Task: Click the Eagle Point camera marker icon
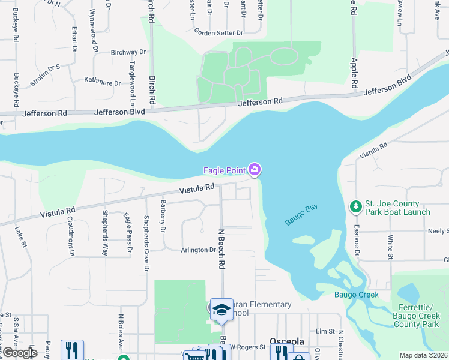[x=255, y=170]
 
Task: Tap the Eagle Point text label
[x=225, y=170]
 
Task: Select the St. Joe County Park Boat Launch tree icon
[x=355, y=206]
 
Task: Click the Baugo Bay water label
[x=301, y=215]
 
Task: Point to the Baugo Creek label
[x=357, y=295]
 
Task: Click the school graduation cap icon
[x=221, y=310]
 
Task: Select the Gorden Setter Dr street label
[x=218, y=32]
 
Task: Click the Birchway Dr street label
[x=128, y=53]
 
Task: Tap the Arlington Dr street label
[x=197, y=250]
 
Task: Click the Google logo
[x=19, y=353]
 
